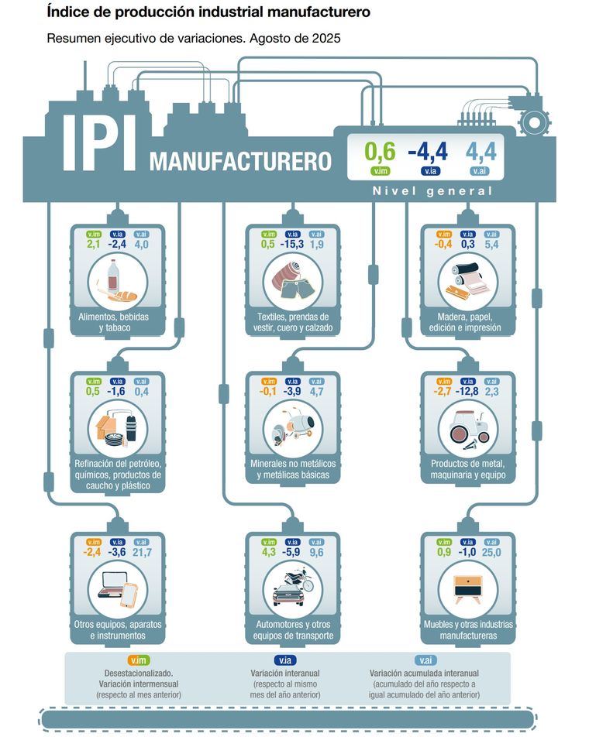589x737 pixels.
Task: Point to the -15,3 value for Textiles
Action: tap(292, 245)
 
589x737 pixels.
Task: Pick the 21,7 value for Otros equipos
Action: tap(142, 552)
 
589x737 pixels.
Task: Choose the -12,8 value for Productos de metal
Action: tap(467, 392)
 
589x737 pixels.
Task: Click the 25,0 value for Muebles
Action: tap(491, 552)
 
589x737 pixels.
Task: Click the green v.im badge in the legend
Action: tap(139, 660)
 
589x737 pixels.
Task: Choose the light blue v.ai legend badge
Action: tap(424, 660)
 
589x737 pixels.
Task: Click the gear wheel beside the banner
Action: tap(532, 122)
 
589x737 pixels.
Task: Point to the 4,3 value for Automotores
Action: tap(269, 552)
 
